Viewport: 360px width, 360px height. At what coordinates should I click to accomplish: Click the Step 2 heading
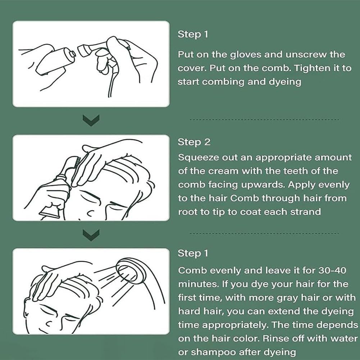(x=194, y=142)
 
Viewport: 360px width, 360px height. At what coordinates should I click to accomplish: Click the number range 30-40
(x=332, y=270)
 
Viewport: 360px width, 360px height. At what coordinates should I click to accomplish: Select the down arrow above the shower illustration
(x=91, y=235)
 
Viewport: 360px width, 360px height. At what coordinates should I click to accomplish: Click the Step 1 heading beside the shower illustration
(x=193, y=253)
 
